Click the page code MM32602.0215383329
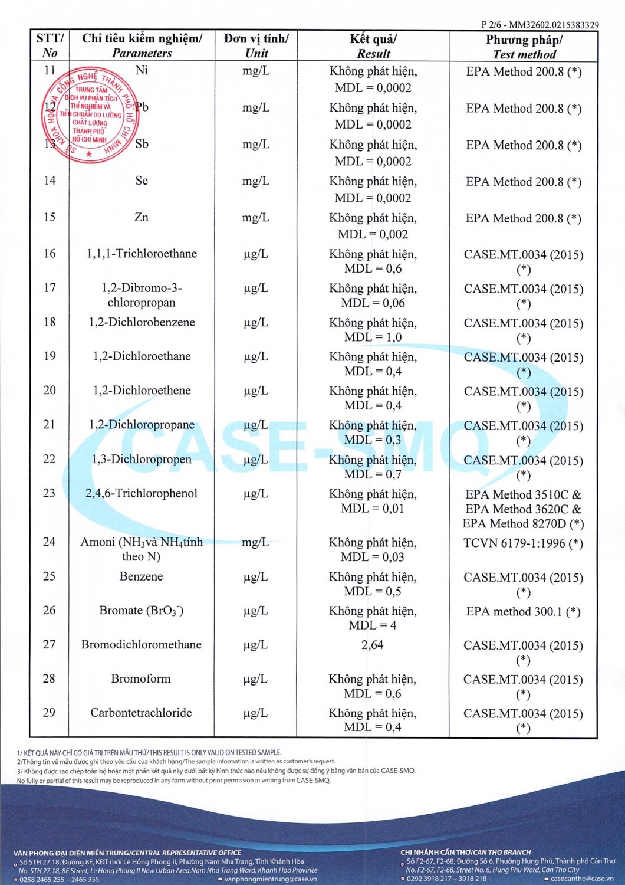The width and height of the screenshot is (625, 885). point(554,25)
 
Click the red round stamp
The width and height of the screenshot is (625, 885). point(90,115)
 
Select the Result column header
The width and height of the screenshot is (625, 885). point(373,46)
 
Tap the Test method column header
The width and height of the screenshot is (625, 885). point(524,47)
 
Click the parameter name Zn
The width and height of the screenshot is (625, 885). point(142,217)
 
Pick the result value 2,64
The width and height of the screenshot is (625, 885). point(373,645)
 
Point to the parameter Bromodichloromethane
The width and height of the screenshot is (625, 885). point(142,644)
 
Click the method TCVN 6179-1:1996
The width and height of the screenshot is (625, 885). point(523,543)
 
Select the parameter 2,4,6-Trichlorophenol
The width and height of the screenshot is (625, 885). point(142,493)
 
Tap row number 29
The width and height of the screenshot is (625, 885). point(50,713)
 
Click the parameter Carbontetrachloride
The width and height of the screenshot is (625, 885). point(142,713)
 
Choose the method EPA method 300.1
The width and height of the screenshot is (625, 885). point(523,611)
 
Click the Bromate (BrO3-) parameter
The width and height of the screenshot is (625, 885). point(142,611)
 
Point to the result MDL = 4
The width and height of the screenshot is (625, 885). point(373,625)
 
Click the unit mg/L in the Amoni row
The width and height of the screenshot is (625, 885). point(255,542)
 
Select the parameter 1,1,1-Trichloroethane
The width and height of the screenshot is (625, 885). point(142,254)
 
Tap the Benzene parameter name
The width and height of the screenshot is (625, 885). point(142,576)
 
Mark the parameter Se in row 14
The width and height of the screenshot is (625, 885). point(142,181)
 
